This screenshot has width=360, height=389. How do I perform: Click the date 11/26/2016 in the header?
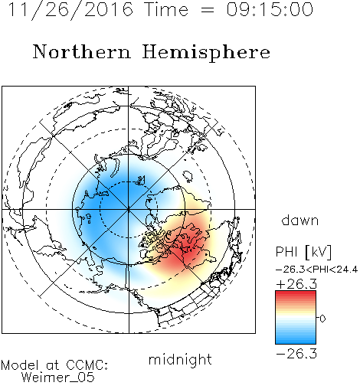(71, 10)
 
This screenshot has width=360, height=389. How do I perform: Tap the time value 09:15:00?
(270, 10)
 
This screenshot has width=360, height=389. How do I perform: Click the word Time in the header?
(166, 10)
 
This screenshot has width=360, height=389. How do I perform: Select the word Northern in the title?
(82, 52)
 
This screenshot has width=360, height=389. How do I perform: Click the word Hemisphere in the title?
(206, 53)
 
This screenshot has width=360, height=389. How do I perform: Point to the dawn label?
(300, 220)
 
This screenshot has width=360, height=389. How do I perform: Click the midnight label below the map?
(180, 360)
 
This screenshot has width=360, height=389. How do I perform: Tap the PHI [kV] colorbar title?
(304, 252)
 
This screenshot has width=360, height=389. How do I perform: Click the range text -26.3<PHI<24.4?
(317, 270)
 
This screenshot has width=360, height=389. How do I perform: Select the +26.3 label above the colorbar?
(296, 284)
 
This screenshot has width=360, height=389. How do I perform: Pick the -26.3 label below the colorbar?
(296, 354)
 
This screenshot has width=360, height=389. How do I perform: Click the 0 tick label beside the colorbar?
(322, 319)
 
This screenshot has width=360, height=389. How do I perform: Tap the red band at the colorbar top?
(296, 294)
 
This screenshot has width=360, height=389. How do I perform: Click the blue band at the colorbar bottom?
(296, 341)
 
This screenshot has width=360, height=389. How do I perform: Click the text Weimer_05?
(58, 378)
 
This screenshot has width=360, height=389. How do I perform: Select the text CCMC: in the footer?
(87, 365)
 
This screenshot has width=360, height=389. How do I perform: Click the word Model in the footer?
(20, 365)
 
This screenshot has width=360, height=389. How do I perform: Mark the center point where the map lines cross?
(129, 209)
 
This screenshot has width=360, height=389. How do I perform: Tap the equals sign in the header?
(208, 10)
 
